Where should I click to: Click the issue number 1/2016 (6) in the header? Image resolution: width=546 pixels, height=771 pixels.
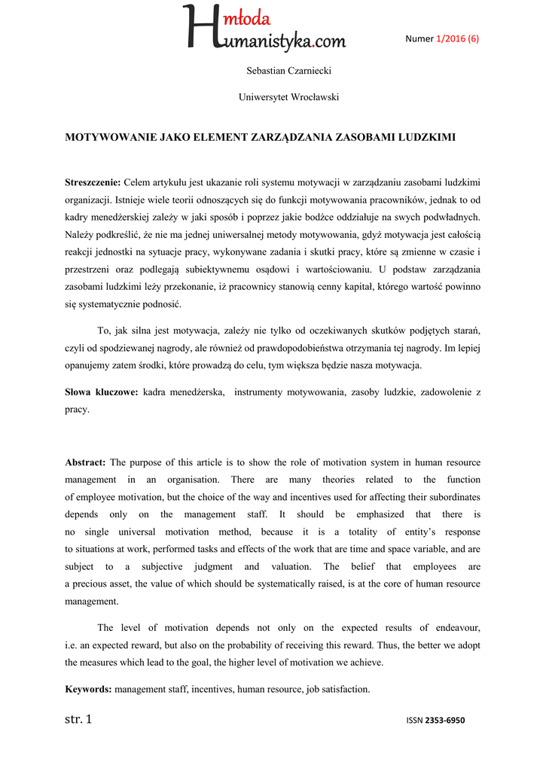[457, 39]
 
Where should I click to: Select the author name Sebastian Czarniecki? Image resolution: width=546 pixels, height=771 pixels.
[279, 71]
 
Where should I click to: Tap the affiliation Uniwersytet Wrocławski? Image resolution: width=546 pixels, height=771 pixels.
[278, 97]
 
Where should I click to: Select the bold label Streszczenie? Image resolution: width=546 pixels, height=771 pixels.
[93, 183]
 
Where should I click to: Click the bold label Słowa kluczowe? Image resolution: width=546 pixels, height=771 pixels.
[101, 392]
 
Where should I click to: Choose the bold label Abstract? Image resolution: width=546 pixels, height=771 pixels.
[85, 462]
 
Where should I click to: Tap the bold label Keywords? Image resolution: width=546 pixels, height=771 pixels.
[88, 689]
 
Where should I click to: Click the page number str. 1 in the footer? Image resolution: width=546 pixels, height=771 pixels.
[78, 719]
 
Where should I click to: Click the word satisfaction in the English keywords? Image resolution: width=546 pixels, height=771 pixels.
[344, 689]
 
